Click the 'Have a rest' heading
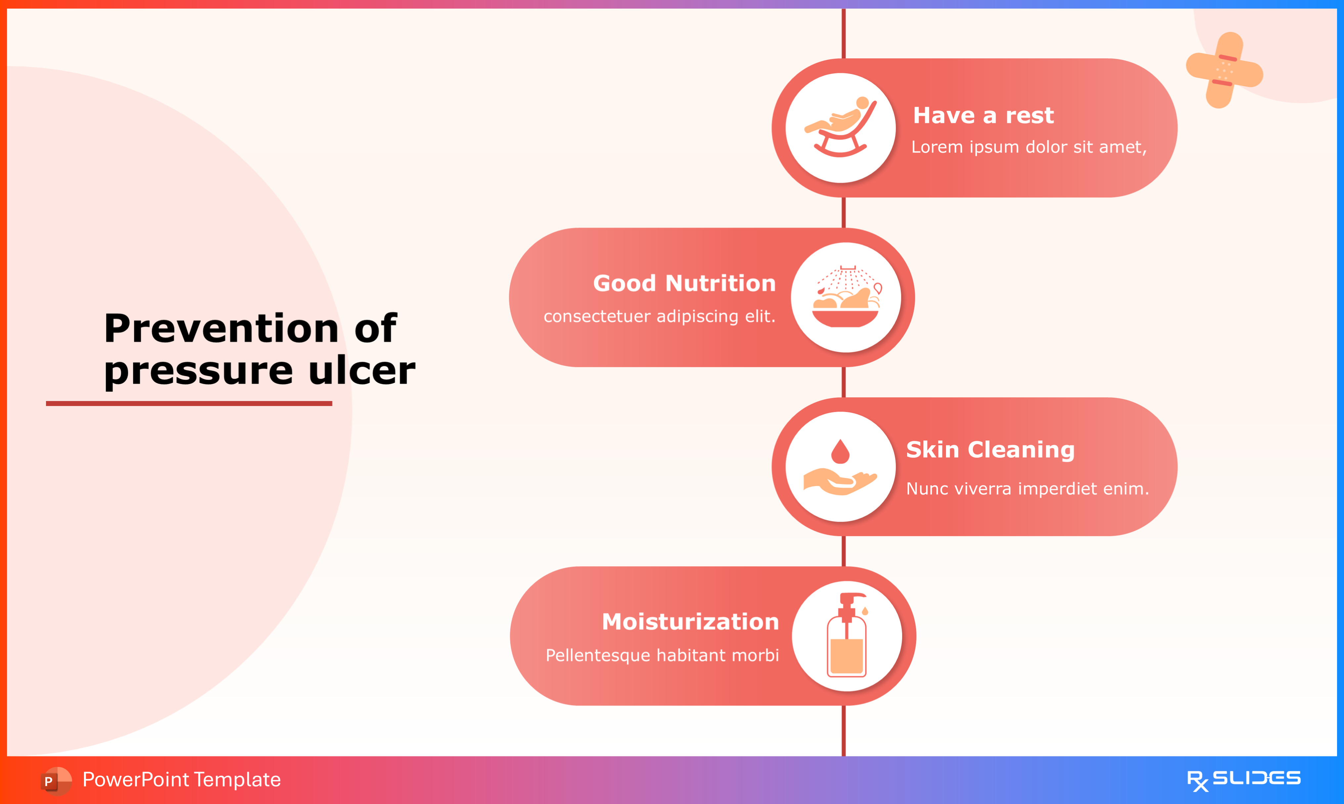tap(983, 115)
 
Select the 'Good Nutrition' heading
tap(684, 283)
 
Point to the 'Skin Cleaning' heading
tap(990, 450)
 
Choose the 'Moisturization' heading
tap(690, 622)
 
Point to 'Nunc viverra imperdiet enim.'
tap(1027, 489)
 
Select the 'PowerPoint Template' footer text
tap(182, 780)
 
